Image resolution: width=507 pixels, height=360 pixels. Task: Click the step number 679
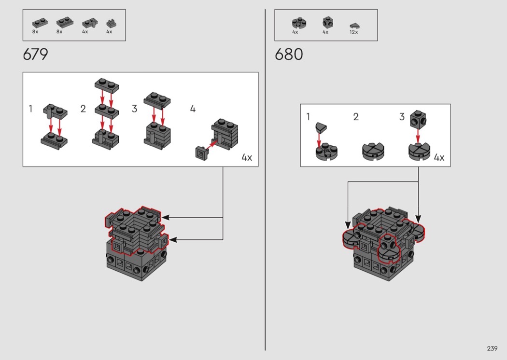pos(36,55)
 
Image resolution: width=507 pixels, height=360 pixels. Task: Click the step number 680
pos(289,55)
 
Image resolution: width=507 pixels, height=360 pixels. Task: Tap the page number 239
pos(492,348)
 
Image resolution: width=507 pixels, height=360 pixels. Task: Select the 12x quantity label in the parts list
pos(354,32)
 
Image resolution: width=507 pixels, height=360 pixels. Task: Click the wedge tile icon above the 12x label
pos(355,26)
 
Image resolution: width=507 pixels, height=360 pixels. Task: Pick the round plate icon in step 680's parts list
pos(299,23)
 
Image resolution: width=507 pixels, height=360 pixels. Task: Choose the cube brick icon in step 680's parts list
pos(328,23)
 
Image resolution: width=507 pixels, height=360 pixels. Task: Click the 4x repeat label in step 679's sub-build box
pos(247,157)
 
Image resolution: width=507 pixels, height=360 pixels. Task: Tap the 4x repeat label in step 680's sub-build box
pos(439,157)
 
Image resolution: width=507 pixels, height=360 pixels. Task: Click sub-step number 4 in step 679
pos(193,109)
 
